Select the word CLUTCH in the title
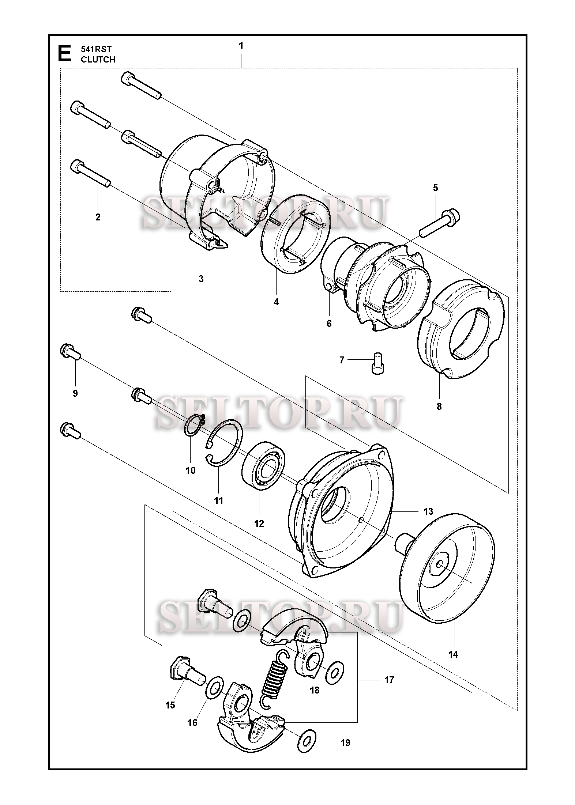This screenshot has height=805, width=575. [98, 60]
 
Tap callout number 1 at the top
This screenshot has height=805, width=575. [241, 46]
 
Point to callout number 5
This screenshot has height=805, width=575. [435, 188]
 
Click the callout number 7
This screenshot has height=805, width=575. [342, 360]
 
